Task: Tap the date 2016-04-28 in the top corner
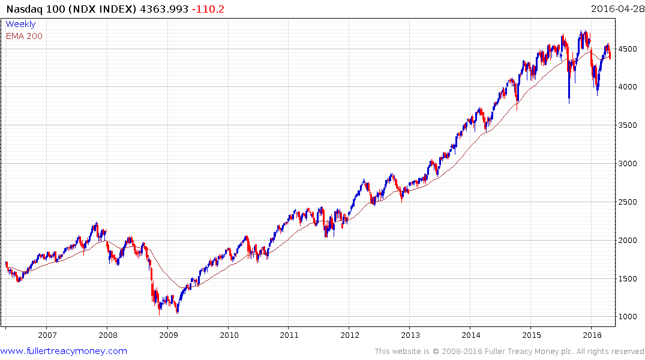coord(616,9)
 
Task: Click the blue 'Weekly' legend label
coord(20,24)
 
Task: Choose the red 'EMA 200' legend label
coord(24,36)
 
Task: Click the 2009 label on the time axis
coord(168,335)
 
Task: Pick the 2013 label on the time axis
coord(410,335)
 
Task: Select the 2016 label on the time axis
coord(592,335)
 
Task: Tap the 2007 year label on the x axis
coord(47,335)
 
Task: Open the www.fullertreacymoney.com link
coord(64,351)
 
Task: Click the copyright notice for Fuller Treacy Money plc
coord(509,351)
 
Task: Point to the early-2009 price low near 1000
coord(177,312)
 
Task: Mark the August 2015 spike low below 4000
coord(569,103)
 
